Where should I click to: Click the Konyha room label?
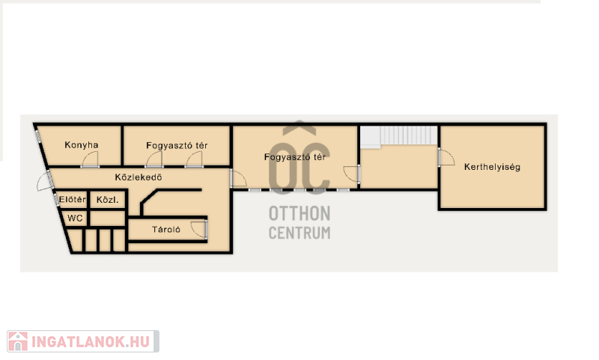[82, 145]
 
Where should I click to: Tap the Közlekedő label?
[139, 177]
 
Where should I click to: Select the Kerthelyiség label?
[492, 167]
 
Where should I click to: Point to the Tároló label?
[166, 230]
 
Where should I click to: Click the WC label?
[75, 219]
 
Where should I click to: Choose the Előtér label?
[73, 199]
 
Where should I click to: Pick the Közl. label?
[107, 200]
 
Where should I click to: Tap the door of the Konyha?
[90, 159]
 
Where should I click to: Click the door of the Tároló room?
[199, 229]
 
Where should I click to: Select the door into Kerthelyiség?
[446, 157]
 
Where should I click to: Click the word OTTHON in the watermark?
[299, 214]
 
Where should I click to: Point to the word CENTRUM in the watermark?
[299, 233]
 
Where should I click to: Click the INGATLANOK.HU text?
[91, 342]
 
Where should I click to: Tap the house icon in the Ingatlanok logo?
[18, 341]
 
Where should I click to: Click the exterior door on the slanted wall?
[45, 182]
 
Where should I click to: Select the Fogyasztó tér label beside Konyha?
[177, 146]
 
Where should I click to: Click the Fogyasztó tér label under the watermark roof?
[295, 157]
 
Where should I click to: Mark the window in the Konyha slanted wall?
[38, 136]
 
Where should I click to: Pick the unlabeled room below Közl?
[107, 219]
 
